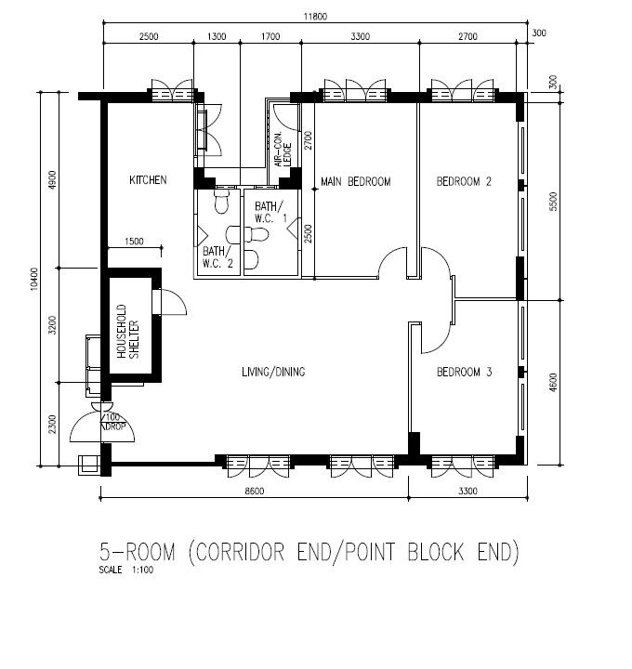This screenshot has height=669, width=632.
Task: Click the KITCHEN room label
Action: (148, 180)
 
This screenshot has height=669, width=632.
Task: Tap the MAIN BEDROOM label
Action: (355, 182)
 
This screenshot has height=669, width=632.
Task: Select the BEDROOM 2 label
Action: (464, 182)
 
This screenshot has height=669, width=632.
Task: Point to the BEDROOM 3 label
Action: (465, 372)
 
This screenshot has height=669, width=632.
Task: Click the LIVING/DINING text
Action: (273, 372)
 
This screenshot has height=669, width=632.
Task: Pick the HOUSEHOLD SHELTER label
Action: (127, 331)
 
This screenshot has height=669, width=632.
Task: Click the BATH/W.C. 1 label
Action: (271, 213)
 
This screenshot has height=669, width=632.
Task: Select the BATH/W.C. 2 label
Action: (217, 257)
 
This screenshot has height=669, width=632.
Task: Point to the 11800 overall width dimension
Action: (315, 17)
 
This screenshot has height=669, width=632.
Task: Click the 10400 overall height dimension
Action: (34, 279)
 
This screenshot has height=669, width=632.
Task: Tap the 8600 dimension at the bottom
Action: (255, 492)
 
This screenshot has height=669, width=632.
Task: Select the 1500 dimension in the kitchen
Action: (134, 242)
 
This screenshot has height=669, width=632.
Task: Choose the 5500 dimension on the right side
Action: (553, 202)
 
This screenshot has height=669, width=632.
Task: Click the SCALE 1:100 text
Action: (126, 570)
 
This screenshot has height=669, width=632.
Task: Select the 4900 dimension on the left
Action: (52, 180)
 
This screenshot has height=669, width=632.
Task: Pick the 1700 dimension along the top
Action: (270, 36)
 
